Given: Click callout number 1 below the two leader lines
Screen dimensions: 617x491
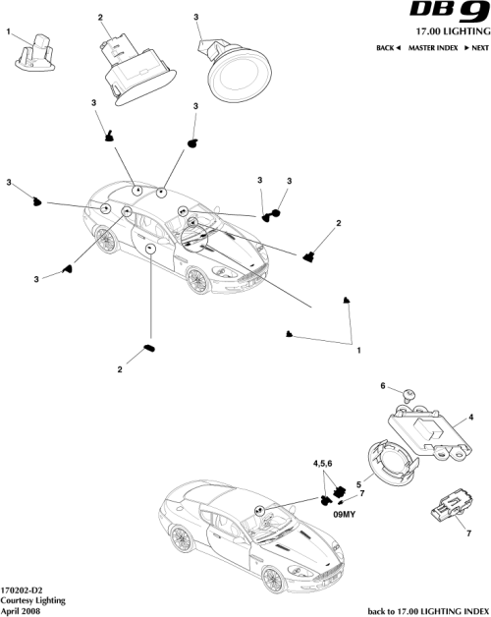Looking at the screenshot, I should click(x=359, y=351).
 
